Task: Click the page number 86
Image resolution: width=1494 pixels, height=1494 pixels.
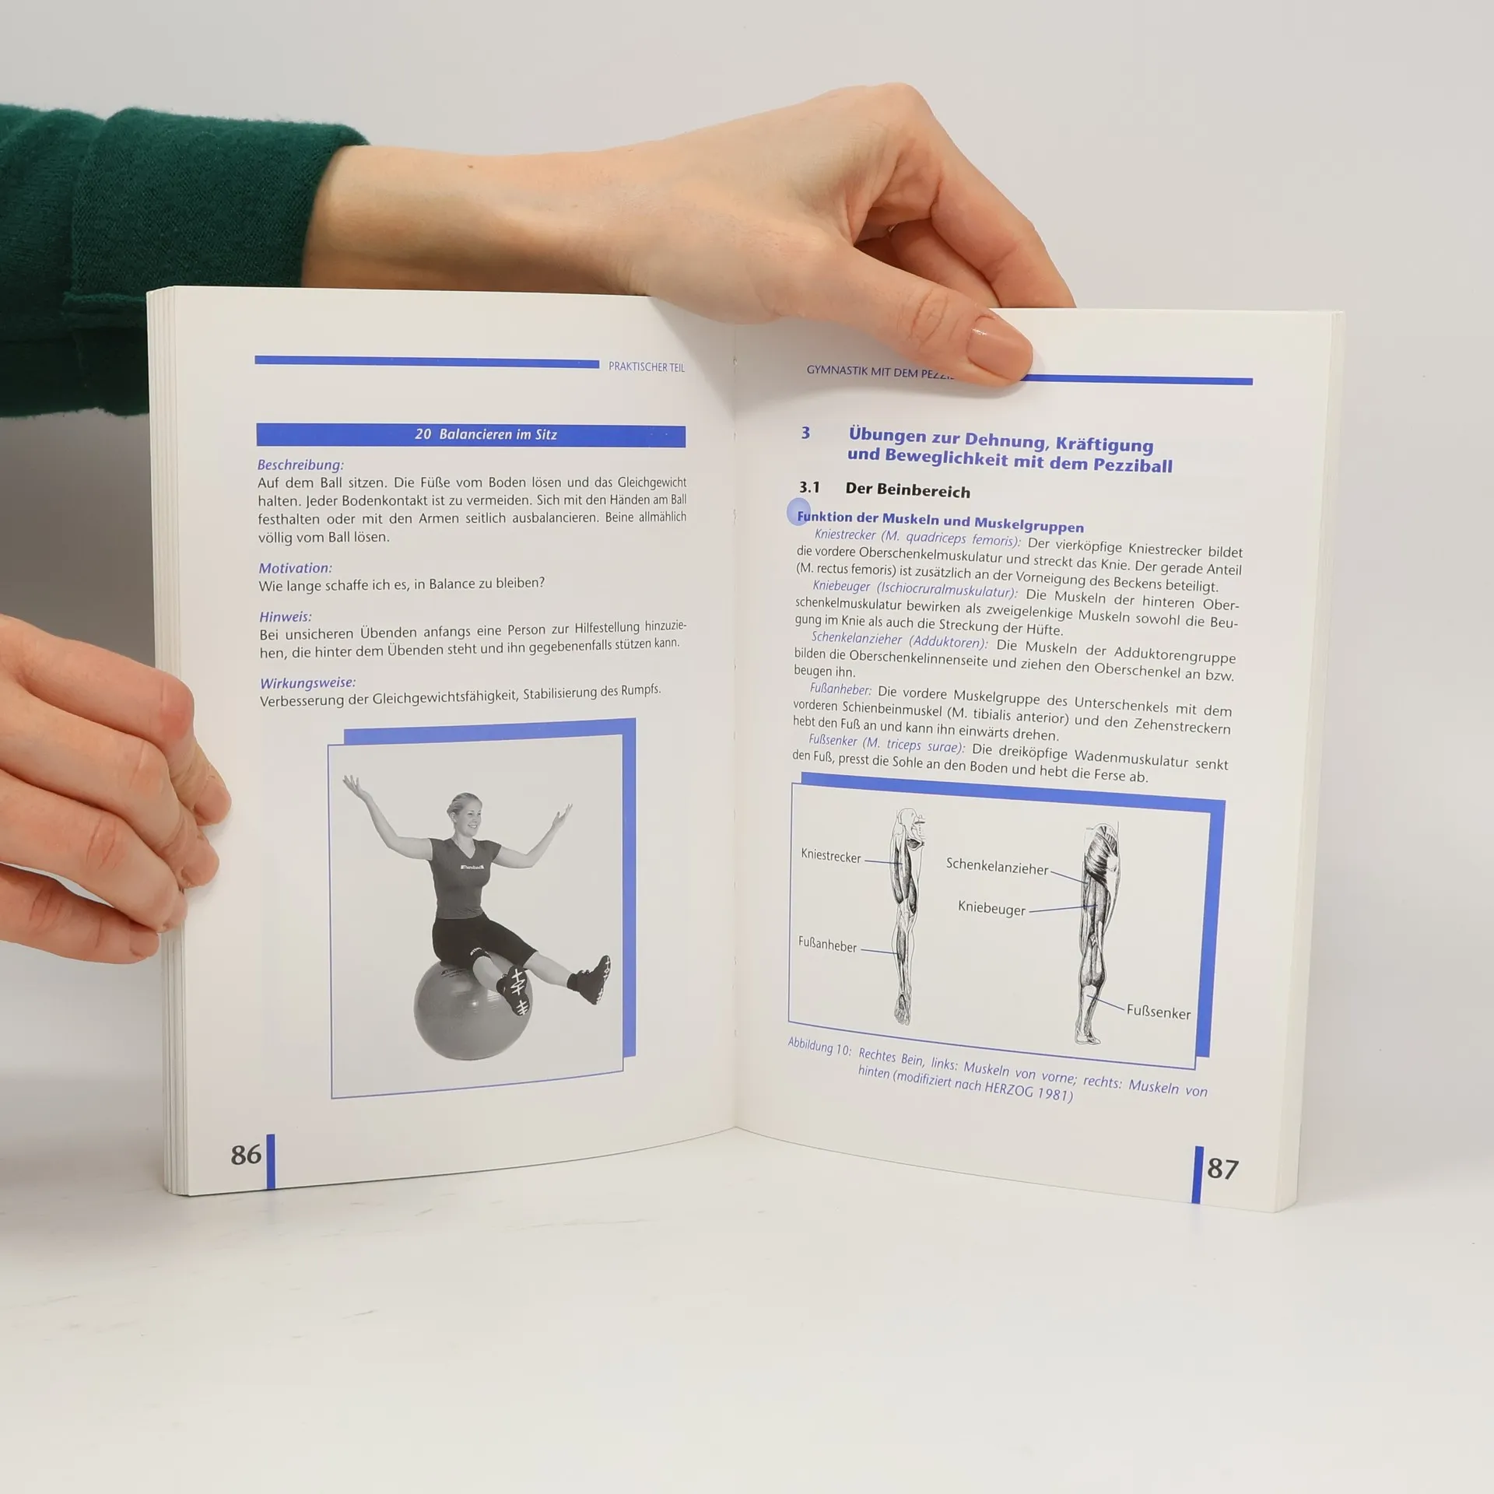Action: click(x=246, y=1154)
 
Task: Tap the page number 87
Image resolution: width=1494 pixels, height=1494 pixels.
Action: click(x=1222, y=1170)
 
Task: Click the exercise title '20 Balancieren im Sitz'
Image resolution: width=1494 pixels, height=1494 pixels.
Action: click(x=486, y=434)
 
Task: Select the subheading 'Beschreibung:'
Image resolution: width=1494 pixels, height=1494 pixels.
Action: click(x=300, y=465)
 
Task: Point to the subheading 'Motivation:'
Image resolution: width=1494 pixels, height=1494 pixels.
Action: click(x=295, y=568)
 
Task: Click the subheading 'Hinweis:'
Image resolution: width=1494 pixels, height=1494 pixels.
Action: click(x=285, y=616)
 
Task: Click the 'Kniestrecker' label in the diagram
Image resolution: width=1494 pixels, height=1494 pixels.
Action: click(x=830, y=857)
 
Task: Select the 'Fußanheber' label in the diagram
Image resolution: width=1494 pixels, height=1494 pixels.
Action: click(x=826, y=945)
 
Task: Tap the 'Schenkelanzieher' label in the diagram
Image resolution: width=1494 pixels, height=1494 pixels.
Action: click(x=997, y=867)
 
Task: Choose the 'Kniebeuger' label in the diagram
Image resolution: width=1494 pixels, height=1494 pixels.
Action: click(x=991, y=908)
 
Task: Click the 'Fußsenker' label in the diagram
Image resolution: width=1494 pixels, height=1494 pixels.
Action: click(x=1158, y=1012)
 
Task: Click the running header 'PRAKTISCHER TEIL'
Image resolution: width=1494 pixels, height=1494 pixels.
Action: click(x=647, y=367)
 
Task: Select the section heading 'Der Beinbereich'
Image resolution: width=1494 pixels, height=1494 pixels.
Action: click(x=907, y=491)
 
